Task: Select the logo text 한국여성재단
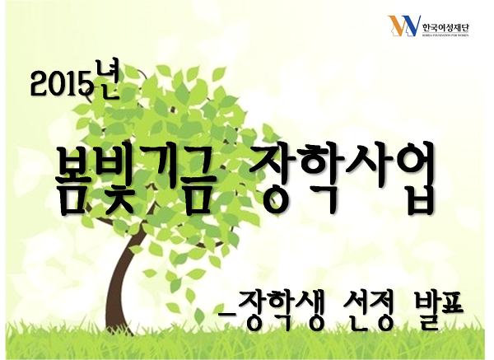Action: [445, 28]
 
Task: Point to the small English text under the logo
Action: [445, 35]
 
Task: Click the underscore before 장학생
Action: [227, 316]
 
